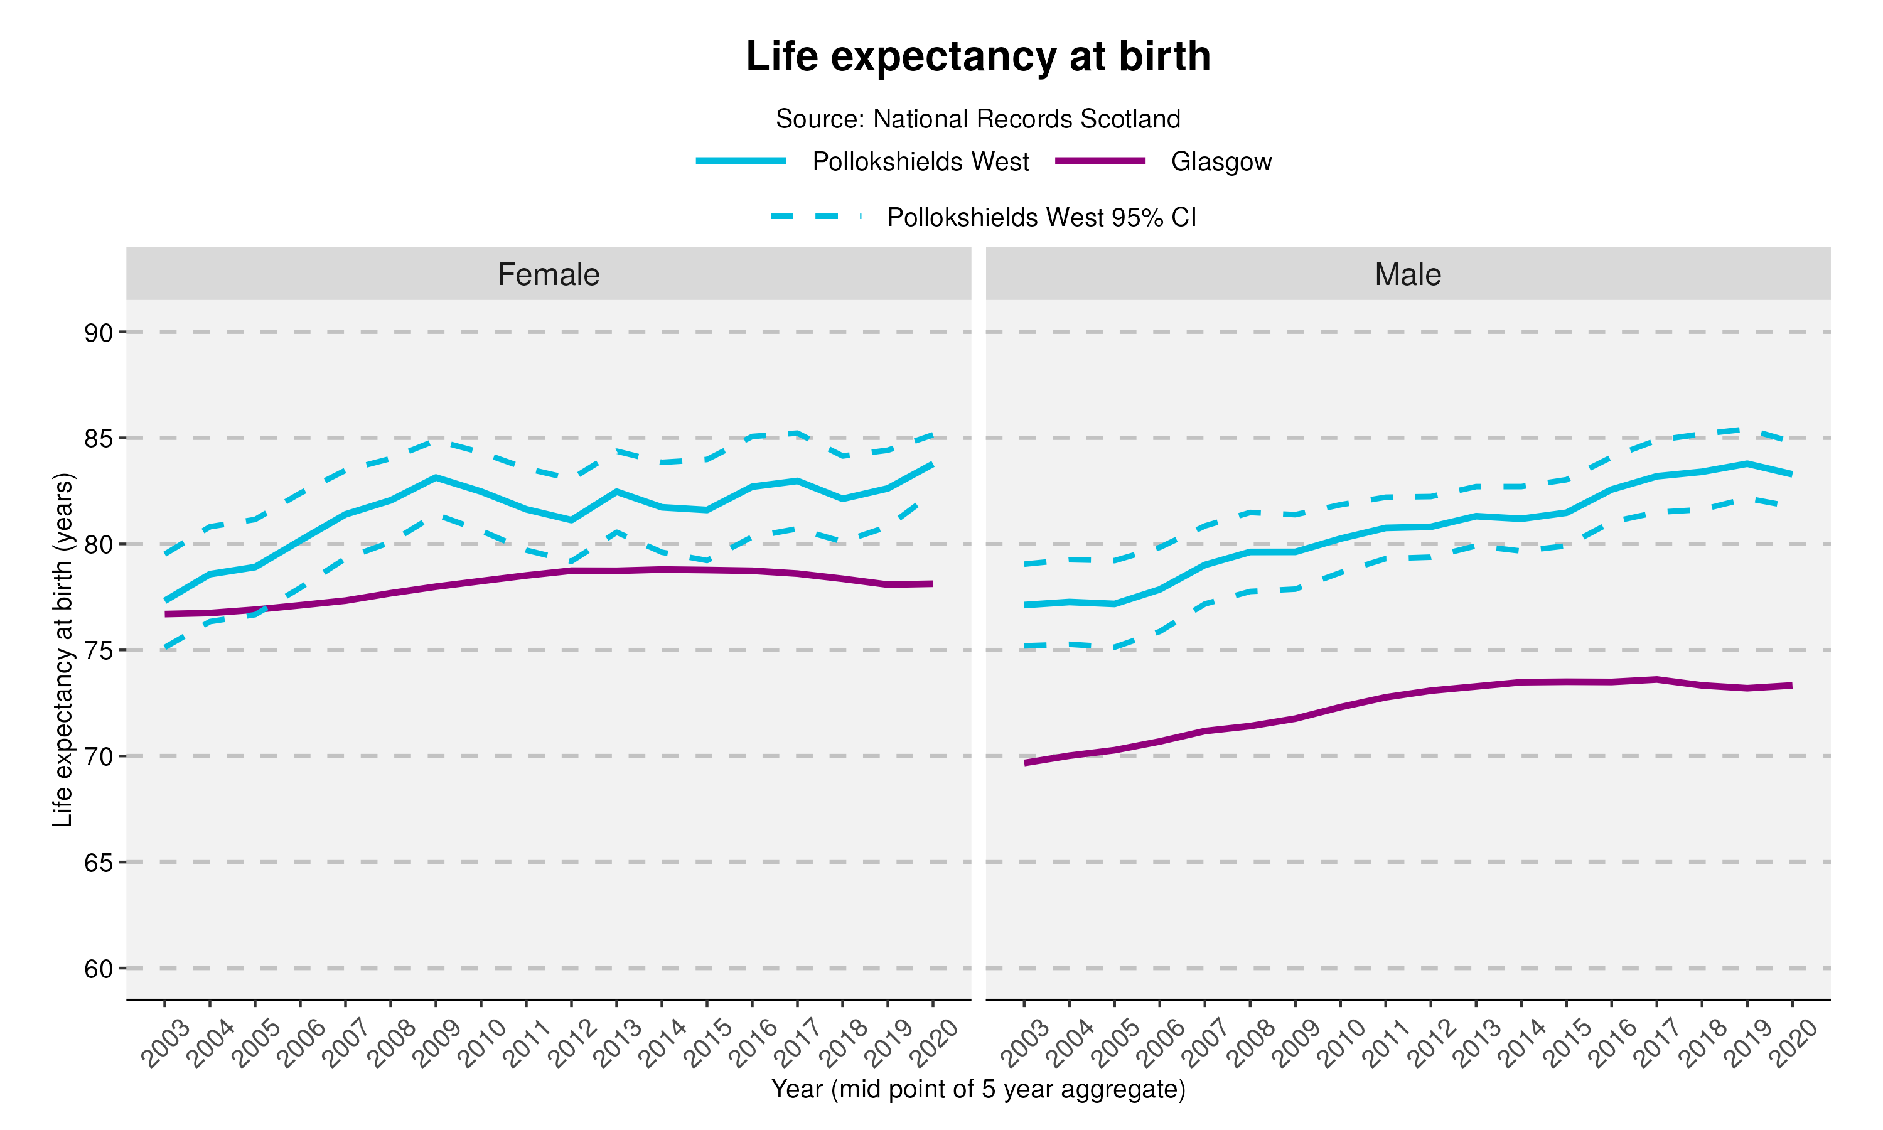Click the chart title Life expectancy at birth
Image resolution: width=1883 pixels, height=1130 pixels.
coord(978,57)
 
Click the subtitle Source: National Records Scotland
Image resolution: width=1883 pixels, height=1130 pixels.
coord(978,119)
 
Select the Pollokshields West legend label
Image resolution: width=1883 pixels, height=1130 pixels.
coord(920,161)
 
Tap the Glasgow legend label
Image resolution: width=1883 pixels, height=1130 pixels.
coord(1221,161)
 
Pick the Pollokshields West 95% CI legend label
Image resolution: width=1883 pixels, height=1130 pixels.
coord(1041,218)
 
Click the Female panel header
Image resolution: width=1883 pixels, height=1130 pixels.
coord(548,274)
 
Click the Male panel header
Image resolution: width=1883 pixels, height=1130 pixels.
coord(1407,274)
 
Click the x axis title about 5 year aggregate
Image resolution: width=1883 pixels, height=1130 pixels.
coord(978,1089)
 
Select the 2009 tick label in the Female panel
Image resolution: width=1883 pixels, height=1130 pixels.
coord(437,1044)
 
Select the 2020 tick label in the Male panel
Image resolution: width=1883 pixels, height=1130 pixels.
coord(1794,1044)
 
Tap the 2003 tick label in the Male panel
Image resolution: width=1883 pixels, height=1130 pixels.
coord(1024,1044)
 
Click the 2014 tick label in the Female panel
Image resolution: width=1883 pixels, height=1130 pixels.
coord(663,1044)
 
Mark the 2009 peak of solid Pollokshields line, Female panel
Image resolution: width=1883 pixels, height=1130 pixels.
coord(436,478)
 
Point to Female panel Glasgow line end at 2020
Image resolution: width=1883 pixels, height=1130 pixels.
coord(931,584)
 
